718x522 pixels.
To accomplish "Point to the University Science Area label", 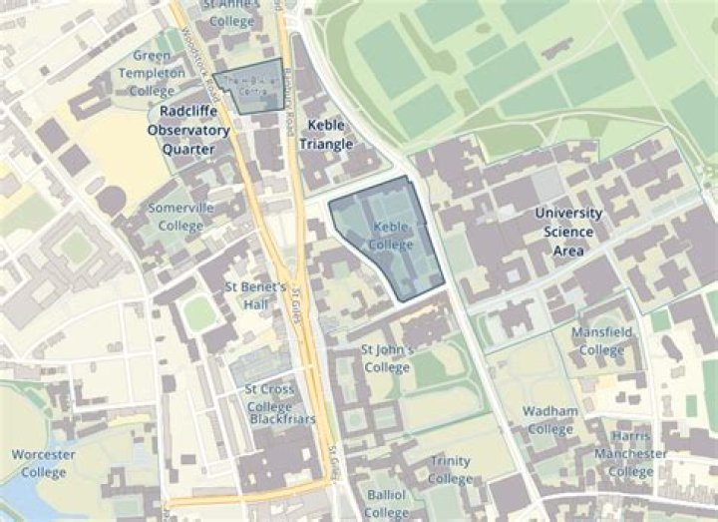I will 568,232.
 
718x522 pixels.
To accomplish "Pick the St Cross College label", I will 269,397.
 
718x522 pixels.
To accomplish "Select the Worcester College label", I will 44,462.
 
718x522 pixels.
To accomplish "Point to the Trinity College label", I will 451,469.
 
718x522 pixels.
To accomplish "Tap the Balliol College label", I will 386,503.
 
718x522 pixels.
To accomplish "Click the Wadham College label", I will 551,419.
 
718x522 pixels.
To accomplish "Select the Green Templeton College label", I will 152,72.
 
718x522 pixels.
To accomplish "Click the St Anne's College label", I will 230,12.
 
